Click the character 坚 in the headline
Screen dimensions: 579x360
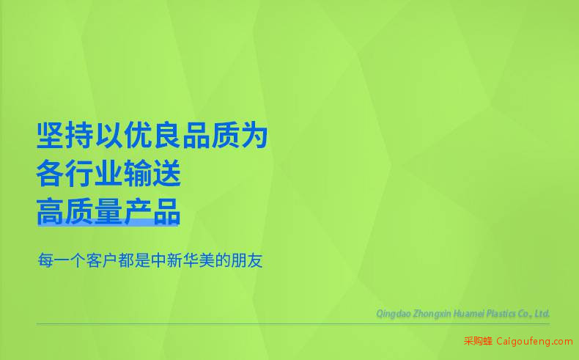tap(51, 135)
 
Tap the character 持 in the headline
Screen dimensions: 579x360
tap(79, 135)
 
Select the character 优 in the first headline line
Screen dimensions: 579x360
tap(138, 135)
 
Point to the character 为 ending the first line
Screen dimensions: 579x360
tap(254, 135)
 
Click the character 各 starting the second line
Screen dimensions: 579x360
tap(51, 174)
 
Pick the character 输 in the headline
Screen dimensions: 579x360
tap(138, 174)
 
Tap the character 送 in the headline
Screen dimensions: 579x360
tap(167, 174)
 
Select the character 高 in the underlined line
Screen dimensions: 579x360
tap(51, 212)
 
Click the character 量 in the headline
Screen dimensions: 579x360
tap(108, 212)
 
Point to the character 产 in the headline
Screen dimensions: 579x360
tap(138, 212)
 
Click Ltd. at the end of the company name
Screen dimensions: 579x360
tap(542, 314)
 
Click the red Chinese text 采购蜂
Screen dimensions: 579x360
tap(478, 341)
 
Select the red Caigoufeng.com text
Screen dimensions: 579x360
tap(534, 342)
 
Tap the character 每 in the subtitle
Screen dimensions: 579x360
tap(45, 260)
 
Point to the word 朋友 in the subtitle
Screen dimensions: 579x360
tap(247, 260)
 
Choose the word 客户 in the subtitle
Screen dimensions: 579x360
tap(103, 260)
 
